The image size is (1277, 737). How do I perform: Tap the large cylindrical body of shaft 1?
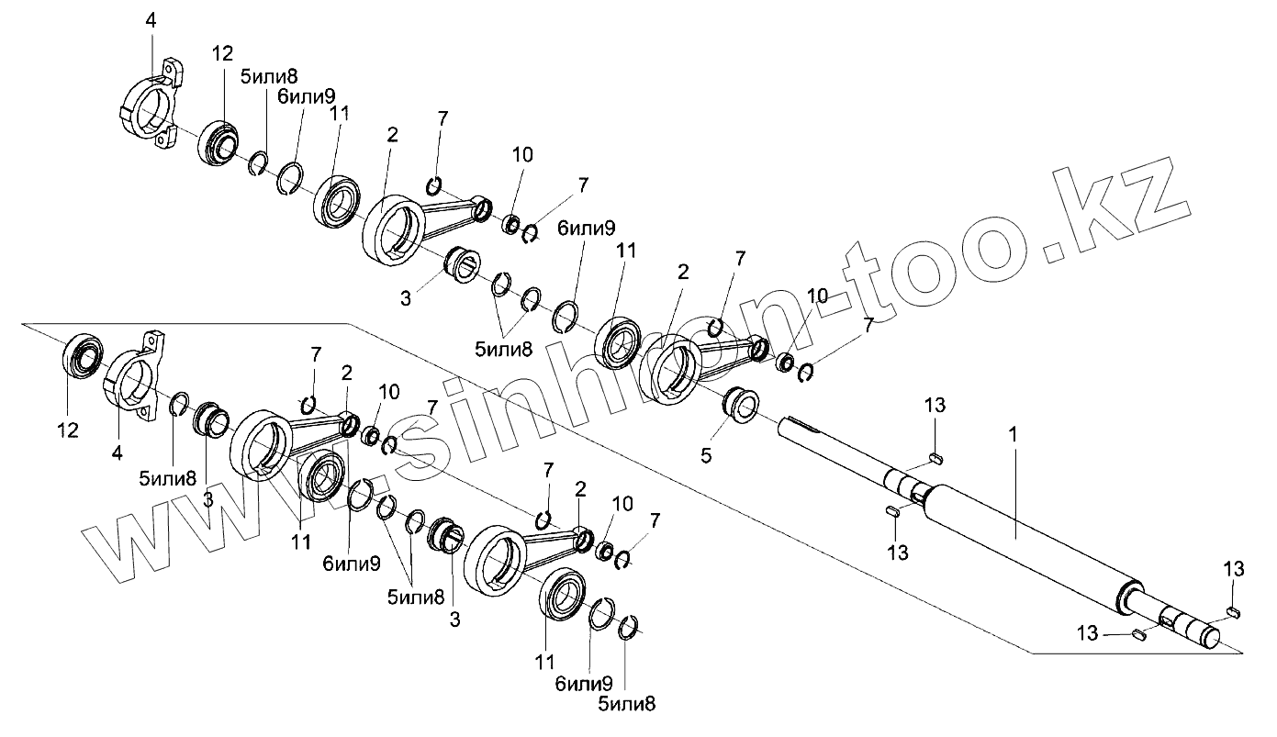(x=1028, y=542)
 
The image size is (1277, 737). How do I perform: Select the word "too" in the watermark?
(x=927, y=275)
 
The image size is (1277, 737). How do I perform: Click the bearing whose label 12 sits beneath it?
(x=82, y=355)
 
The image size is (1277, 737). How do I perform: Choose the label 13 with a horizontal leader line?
(x=1088, y=632)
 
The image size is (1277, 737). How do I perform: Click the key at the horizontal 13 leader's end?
(x=1139, y=632)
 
